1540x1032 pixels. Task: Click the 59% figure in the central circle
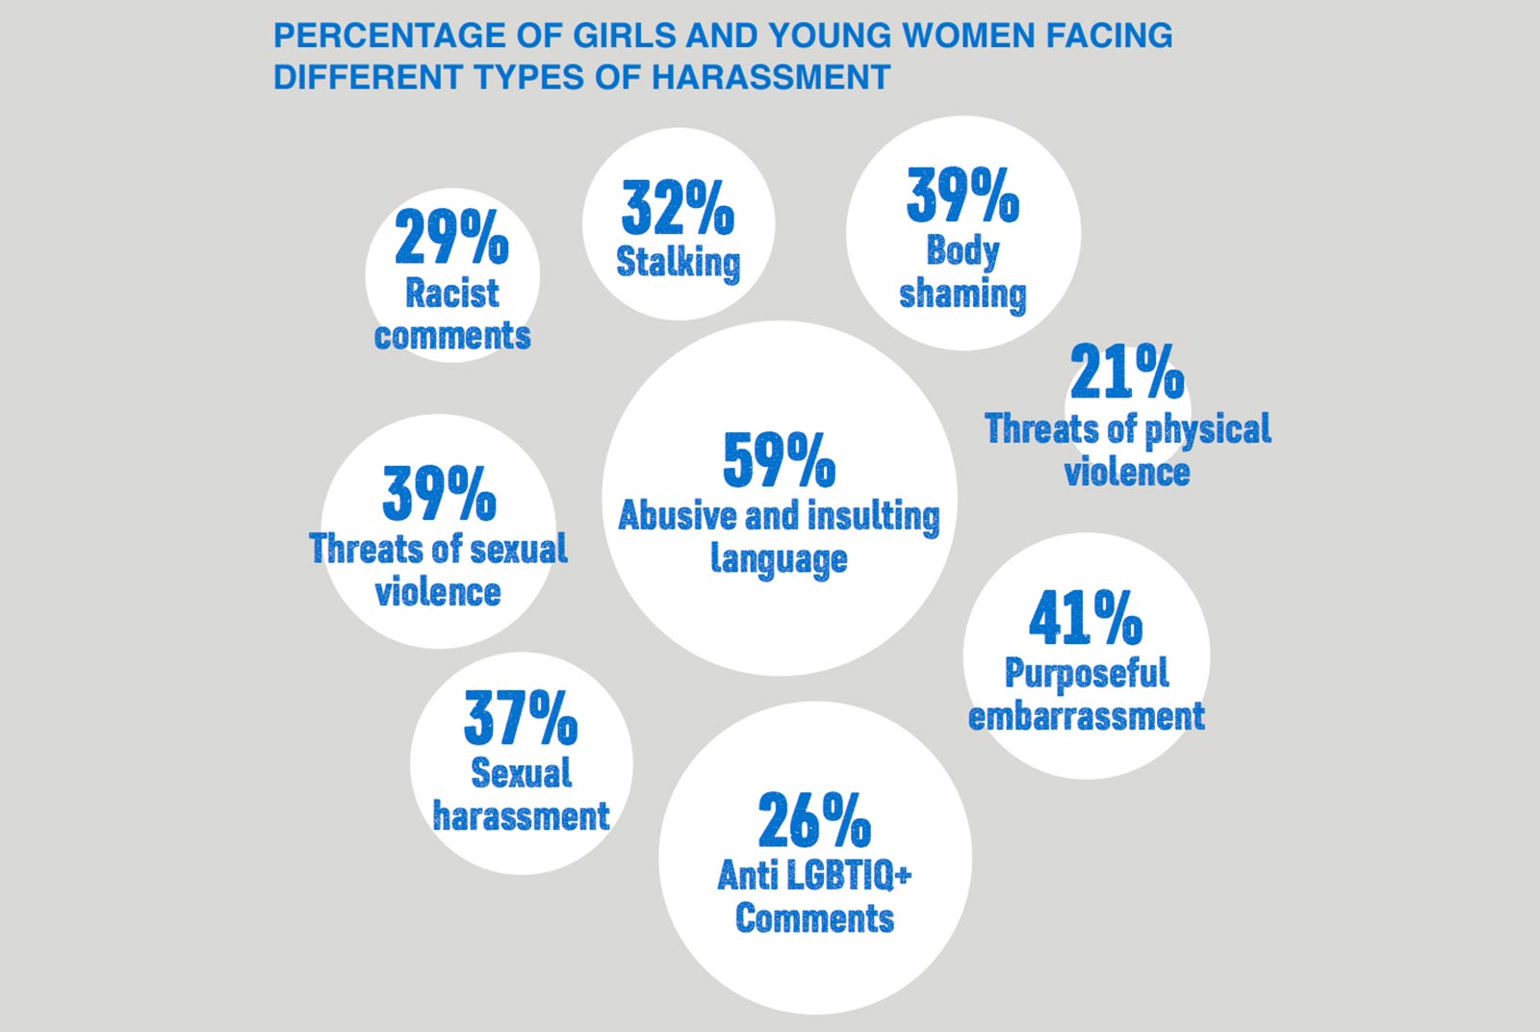(779, 459)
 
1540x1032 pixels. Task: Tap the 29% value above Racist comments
(451, 237)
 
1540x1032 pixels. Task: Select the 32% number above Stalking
(678, 207)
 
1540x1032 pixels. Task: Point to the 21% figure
(1127, 372)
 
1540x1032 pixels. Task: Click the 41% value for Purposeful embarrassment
(1086, 617)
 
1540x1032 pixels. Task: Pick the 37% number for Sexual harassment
(521, 718)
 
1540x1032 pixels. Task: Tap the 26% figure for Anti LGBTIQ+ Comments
(814, 819)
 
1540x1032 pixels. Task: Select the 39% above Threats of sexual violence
(439, 493)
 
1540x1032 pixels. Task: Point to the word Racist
(451, 293)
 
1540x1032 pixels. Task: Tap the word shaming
(962, 295)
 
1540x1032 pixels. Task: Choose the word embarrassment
(1087, 715)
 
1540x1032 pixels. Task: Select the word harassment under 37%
(521, 816)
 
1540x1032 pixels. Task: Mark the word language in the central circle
(779, 559)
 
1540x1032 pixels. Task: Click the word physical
(1208, 429)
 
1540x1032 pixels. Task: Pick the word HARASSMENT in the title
(771, 77)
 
